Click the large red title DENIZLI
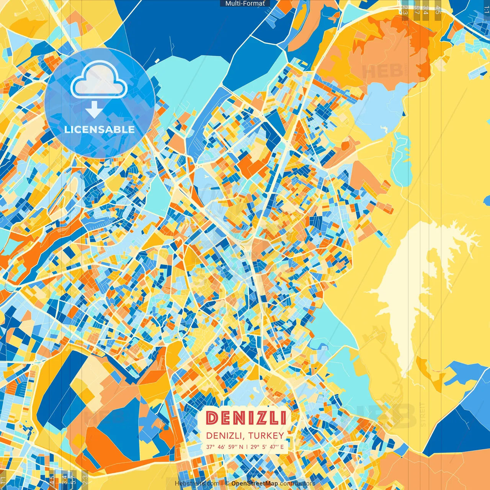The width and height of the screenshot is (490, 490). (246, 418)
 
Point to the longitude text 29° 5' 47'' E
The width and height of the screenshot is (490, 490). (268, 447)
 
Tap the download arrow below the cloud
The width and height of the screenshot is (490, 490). (94, 109)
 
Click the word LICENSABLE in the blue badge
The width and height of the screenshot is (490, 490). (100, 129)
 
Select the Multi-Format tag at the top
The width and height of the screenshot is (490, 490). (245, 3)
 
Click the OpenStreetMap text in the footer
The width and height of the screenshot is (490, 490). (255, 483)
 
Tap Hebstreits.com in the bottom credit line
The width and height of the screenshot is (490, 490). (197, 483)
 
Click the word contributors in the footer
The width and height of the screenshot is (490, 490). (297, 483)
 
